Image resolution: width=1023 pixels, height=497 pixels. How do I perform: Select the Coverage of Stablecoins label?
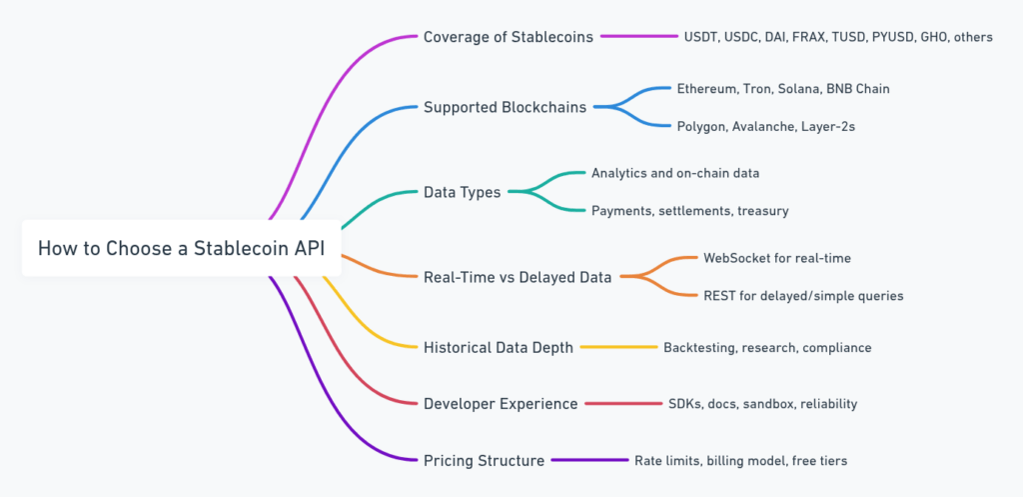(508, 37)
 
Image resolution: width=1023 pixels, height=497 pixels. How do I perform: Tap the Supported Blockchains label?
(505, 107)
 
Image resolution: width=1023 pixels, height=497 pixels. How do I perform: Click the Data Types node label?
(462, 192)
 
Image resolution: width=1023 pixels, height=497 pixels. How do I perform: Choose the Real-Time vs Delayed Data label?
(517, 277)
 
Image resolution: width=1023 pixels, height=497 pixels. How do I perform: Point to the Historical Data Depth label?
(498, 347)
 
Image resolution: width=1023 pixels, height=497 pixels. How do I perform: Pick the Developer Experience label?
(500, 404)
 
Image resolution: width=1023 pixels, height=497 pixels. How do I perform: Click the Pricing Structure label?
(484, 460)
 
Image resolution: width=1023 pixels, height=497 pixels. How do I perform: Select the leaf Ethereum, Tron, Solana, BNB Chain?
(782, 88)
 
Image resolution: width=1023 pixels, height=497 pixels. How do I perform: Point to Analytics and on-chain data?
(675, 173)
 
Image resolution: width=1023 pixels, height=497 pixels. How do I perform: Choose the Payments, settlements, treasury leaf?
(690, 210)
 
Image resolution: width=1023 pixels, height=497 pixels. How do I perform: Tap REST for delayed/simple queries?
(803, 295)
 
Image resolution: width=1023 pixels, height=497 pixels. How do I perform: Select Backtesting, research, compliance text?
(767, 347)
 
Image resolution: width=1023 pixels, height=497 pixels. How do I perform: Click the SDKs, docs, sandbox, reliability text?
(762, 404)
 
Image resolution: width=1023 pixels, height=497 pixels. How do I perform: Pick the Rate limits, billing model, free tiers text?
(740, 460)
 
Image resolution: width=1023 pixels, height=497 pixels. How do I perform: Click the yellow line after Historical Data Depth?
(618, 347)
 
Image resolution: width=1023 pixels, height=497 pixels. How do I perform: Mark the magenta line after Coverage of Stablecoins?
(639, 37)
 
